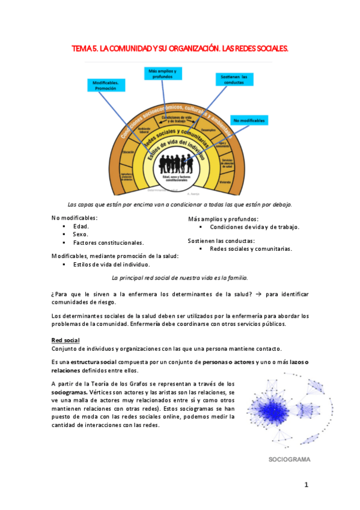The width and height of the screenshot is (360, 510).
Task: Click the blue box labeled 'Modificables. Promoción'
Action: point(109,85)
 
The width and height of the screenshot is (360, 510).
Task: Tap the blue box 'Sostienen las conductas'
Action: point(234,79)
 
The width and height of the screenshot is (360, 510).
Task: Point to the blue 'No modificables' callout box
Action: point(249,120)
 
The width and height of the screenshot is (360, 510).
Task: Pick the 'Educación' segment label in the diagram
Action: point(127,153)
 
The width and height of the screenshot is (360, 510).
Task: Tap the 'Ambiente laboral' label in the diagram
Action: point(143,130)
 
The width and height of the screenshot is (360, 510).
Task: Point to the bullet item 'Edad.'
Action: point(81,226)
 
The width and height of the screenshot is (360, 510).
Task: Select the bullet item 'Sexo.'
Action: point(81,235)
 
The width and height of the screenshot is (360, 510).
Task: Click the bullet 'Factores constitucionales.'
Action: point(108,243)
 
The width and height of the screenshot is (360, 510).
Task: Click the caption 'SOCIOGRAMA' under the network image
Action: point(289,459)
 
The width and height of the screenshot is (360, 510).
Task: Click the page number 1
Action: point(306,485)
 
